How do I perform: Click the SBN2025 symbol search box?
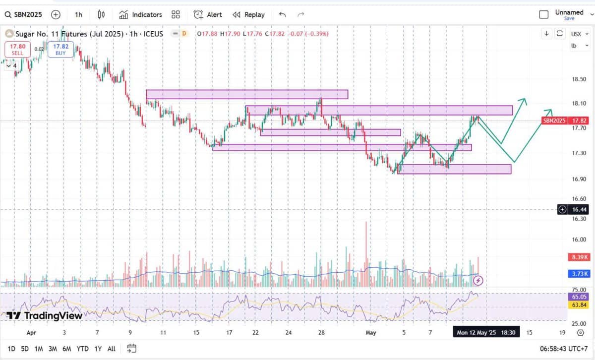[23, 14]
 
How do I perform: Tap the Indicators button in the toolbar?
[140, 14]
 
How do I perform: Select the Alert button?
[207, 14]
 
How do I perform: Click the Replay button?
[248, 14]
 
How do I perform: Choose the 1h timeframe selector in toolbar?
[78, 14]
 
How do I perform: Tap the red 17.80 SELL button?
[17, 50]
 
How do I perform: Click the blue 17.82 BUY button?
[60, 50]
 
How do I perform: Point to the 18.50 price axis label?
[579, 79]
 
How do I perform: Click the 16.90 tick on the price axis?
[579, 179]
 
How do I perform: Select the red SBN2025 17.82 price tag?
[565, 120]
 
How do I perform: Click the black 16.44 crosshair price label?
[573, 210]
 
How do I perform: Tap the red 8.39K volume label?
[579, 257]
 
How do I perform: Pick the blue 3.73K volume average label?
[579, 274]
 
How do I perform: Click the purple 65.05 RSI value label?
[579, 297]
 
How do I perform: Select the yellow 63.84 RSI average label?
[579, 305]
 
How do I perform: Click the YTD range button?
[82, 349]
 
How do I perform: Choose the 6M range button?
[66, 349]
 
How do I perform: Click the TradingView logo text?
[53, 316]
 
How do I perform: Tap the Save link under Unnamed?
[569, 18]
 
